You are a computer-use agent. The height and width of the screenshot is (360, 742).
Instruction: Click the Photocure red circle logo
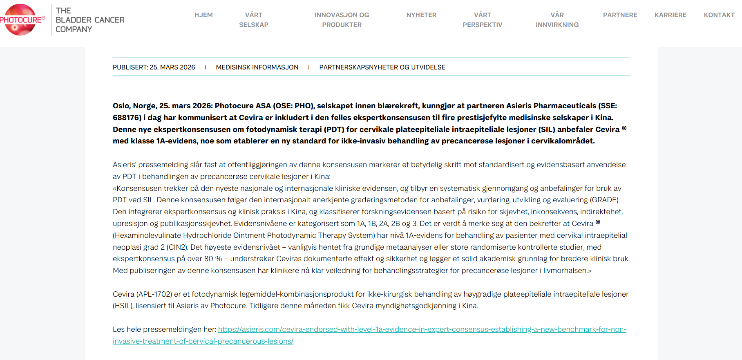(19, 20)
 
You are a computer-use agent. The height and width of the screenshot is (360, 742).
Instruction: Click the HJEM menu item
(203, 15)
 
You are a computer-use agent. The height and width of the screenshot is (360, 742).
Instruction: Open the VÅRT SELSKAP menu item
(254, 20)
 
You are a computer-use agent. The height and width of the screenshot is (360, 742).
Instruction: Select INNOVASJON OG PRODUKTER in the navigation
(342, 20)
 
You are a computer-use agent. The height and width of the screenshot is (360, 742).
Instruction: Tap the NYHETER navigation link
(421, 15)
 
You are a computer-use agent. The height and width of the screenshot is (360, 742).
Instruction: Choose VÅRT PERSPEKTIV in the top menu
(483, 20)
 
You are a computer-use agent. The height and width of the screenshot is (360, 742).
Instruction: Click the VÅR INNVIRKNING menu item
(557, 20)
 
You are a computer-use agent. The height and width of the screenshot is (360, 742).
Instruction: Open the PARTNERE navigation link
(620, 15)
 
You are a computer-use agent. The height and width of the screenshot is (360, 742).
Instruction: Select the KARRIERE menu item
(670, 15)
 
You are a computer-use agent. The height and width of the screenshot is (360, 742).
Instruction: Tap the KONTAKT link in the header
(719, 15)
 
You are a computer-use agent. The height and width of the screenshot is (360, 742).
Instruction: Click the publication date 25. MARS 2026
(172, 67)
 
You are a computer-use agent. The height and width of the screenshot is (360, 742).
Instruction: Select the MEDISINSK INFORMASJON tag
(257, 67)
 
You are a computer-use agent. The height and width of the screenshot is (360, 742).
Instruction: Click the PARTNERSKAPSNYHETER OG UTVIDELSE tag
(382, 67)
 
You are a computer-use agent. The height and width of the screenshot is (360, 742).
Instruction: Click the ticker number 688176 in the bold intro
(127, 118)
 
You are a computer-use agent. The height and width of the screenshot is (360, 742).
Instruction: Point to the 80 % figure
(213, 259)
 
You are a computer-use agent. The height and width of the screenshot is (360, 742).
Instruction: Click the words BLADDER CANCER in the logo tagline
(90, 20)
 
